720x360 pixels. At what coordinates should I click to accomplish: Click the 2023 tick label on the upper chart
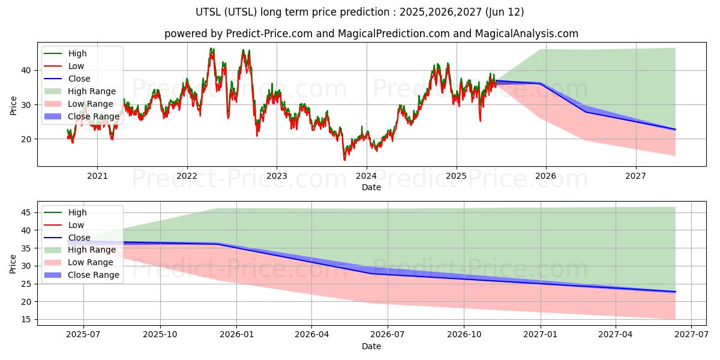pyautogui.click(x=277, y=176)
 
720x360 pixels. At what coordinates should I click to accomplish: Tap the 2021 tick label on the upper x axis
pyautogui.click(x=97, y=176)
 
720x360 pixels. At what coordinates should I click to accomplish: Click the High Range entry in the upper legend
pyautogui.click(x=92, y=91)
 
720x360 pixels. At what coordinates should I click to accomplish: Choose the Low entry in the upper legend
pyautogui.click(x=76, y=66)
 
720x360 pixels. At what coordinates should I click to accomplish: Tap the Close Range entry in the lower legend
pyautogui.click(x=94, y=275)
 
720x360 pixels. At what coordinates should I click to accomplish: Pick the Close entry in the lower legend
pyautogui.click(x=79, y=237)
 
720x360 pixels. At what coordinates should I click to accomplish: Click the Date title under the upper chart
pyautogui.click(x=371, y=187)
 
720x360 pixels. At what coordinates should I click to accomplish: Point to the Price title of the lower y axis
pyautogui.click(x=13, y=263)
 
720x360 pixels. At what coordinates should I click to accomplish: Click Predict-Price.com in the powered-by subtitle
pyautogui.click(x=269, y=34)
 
